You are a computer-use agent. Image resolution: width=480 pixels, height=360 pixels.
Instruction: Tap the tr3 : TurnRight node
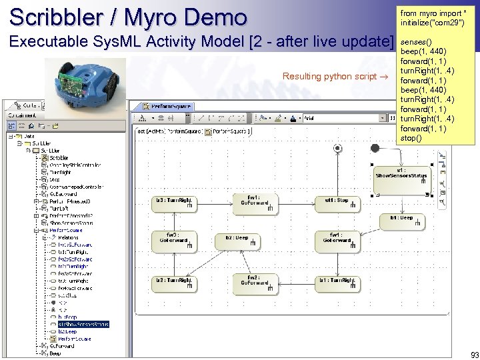(174, 203)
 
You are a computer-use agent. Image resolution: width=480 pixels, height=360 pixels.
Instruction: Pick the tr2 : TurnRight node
(174, 283)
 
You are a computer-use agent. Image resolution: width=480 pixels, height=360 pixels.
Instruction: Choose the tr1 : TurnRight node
(337, 283)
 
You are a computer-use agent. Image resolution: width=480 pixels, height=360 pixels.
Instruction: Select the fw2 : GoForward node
(253, 283)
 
